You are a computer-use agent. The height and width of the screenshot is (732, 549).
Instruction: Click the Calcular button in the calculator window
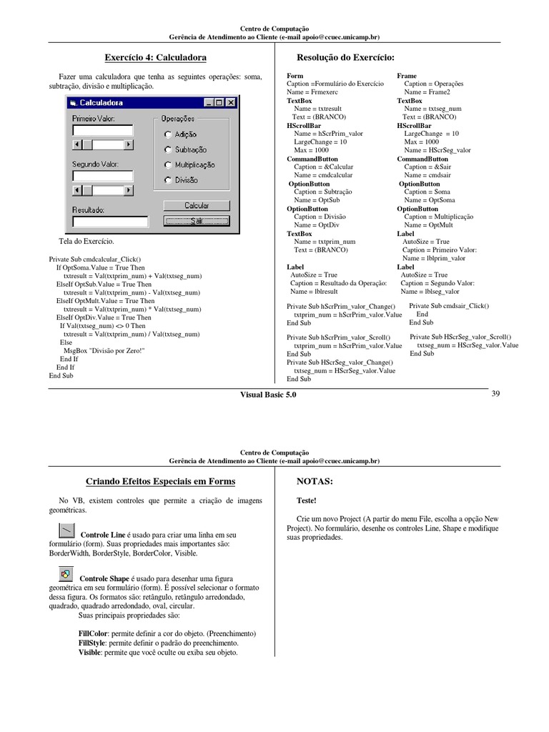tap(197, 205)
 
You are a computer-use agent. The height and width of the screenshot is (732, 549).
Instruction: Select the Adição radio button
tap(167, 134)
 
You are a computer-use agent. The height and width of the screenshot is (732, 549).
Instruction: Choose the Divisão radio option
tap(167, 180)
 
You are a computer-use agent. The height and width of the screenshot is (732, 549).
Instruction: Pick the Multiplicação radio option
tap(167, 165)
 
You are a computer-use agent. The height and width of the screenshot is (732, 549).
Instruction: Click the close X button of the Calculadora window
tap(230, 103)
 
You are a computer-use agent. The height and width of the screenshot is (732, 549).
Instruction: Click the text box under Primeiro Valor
tap(102, 130)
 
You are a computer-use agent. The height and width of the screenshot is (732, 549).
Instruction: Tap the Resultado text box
tap(110, 222)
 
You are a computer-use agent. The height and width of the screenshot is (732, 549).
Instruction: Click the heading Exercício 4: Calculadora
tap(150, 57)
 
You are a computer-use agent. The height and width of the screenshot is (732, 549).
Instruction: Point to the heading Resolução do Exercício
tap(345, 57)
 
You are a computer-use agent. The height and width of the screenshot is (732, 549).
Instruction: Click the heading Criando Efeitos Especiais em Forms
tap(160, 482)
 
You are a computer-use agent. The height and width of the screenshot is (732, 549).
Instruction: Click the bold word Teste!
tap(306, 501)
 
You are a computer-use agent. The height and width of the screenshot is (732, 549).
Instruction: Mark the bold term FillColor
tap(93, 634)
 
